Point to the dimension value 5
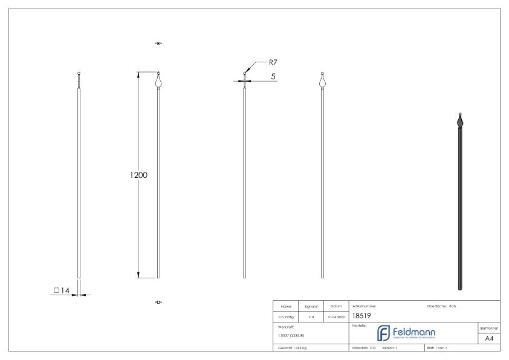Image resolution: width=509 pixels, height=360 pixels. [273, 76]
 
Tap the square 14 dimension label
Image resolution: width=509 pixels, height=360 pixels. [62, 291]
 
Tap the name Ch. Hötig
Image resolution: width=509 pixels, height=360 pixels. [285, 316]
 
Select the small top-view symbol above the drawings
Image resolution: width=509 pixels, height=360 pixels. [159, 44]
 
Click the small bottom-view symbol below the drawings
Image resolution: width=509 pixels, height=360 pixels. [159, 302]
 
